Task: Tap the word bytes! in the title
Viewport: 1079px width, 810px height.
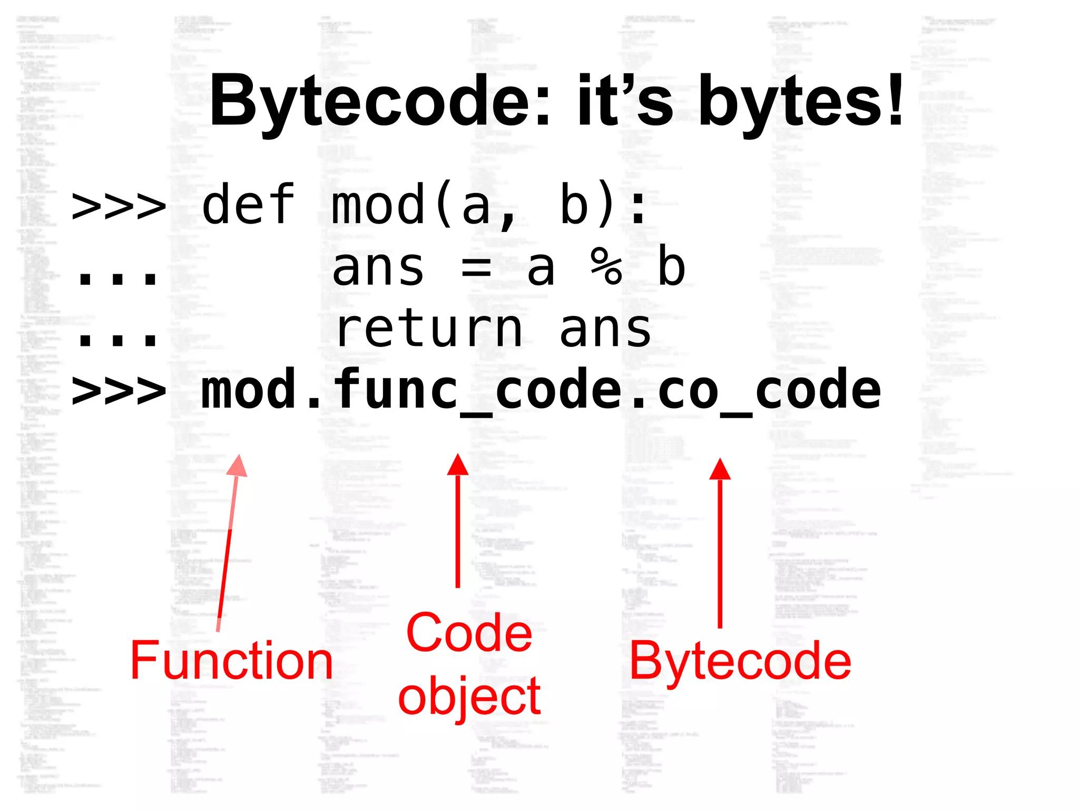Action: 801,101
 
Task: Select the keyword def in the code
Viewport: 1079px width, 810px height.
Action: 248,205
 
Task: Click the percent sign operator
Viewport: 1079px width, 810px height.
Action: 606,267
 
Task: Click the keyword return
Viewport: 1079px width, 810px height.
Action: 429,330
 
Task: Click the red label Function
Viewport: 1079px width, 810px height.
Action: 232,660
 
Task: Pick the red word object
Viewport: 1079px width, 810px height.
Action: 469,696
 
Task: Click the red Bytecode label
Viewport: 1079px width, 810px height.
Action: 740,660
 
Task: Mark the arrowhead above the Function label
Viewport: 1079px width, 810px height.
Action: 238,466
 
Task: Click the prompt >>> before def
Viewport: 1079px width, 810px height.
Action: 119,206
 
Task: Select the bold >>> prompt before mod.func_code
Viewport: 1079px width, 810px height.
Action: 119,391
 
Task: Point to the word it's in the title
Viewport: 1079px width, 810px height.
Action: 625,101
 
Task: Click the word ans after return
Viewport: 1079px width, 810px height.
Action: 606,330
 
